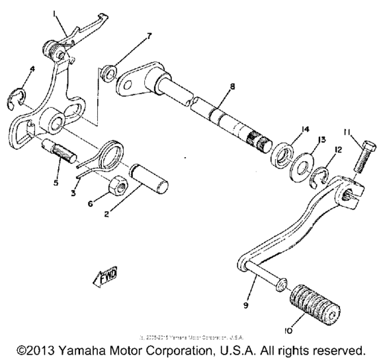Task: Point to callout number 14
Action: tap(285, 128)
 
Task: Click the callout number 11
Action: tap(348, 132)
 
